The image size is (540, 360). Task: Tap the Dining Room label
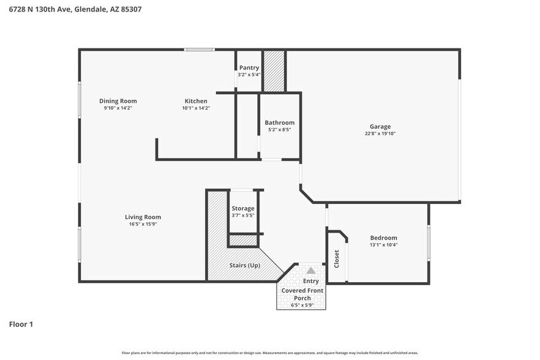coord(118,101)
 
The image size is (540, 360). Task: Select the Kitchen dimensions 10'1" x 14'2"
coord(196,108)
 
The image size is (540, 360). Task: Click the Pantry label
coord(249,68)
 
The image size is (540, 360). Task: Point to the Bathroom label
coord(279,122)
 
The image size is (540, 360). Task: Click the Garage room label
coord(380,127)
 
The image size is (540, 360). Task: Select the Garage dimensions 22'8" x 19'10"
coord(380,133)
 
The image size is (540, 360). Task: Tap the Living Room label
coord(143,217)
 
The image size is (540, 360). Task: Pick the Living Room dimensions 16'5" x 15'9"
coord(143,224)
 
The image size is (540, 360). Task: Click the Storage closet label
coord(242,209)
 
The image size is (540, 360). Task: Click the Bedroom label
coord(383,238)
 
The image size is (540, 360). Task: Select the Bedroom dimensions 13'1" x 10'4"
coord(383,245)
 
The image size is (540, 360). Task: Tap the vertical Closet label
coord(336,258)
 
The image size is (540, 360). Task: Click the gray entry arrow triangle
coord(311,270)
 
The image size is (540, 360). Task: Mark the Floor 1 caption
coord(21,324)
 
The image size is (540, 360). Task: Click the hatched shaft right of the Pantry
coord(274,70)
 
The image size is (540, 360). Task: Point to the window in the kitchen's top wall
coord(200,50)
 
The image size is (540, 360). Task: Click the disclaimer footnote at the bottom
coord(269,353)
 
